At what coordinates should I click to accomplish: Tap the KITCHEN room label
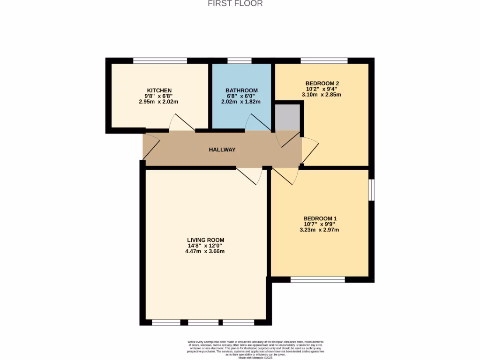point(159,90)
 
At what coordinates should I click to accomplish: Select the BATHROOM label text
point(241,90)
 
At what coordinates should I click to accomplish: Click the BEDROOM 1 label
point(320,218)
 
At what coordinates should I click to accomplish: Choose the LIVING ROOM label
point(205,240)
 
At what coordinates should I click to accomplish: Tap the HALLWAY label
point(222,150)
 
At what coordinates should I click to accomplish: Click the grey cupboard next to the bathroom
point(287,116)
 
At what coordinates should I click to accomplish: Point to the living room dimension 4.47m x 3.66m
point(205,251)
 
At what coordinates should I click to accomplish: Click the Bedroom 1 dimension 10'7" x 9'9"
point(320,224)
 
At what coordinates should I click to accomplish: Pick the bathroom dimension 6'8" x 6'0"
point(241,96)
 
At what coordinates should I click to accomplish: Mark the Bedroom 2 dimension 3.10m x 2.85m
point(321,94)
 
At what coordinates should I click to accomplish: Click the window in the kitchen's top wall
point(160,60)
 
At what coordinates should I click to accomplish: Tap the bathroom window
point(239,60)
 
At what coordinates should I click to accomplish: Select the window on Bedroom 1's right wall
point(371,190)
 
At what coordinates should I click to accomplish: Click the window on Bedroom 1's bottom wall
point(317,279)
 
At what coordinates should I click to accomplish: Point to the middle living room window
point(203,322)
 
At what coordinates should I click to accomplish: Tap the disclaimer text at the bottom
point(256,350)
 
